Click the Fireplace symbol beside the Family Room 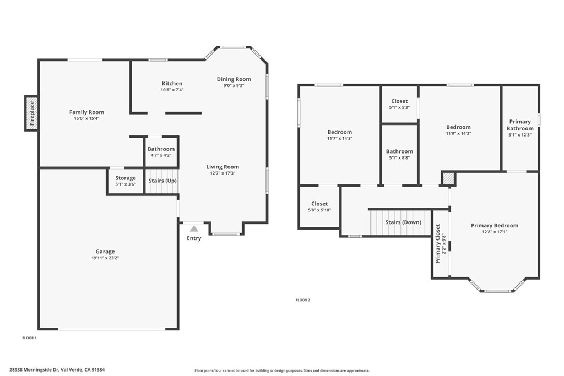coord(31,113)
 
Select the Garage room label coord(105,252)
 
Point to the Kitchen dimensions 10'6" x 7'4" coord(172,90)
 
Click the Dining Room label coord(234,79)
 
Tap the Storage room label coord(126,178)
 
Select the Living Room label coord(223,167)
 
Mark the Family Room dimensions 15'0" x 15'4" coord(86,118)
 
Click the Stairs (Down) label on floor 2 coord(403,222)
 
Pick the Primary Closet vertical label coord(438,243)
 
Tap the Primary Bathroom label coord(520,125)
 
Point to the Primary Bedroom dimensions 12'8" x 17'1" coord(494,232)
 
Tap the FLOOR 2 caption coord(303,300)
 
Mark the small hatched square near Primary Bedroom coord(449,178)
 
